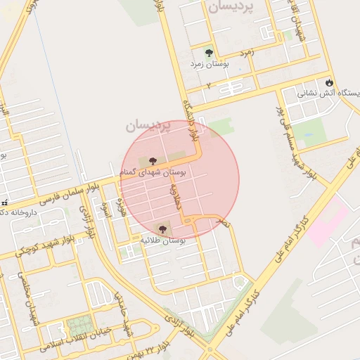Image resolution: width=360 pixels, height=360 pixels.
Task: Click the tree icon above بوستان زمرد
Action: [x=209, y=52]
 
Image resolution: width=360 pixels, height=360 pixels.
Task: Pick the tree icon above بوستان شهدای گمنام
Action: [x=153, y=161]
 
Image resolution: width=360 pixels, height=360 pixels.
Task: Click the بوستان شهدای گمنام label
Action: [x=153, y=172]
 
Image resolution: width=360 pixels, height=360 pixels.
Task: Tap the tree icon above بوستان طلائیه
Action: [x=163, y=229]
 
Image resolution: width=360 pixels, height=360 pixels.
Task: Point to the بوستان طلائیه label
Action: [x=163, y=240]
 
